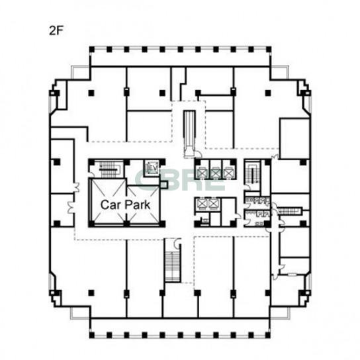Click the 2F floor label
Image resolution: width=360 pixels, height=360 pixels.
(x=56, y=30)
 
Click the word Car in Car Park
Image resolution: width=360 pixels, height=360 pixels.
(x=109, y=204)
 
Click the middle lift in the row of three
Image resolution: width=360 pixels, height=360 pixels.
(x=215, y=173)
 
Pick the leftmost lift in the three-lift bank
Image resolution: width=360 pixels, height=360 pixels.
(x=202, y=173)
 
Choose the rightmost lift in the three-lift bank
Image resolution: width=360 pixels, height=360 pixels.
(x=228, y=173)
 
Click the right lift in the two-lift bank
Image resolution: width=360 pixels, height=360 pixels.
(x=213, y=204)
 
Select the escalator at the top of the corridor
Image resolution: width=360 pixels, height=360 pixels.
(x=189, y=134)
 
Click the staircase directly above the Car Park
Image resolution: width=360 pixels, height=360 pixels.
(x=109, y=170)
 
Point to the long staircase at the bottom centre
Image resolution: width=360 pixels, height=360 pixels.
(x=173, y=266)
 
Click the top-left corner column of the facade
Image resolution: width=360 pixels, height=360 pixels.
(x=92, y=50)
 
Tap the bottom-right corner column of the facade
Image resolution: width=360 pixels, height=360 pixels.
(x=268, y=336)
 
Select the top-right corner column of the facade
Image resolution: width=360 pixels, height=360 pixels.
(x=269, y=50)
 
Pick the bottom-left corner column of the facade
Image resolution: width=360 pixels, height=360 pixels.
(x=92, y=336)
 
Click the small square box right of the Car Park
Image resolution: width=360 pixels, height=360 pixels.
(x=163, y=185)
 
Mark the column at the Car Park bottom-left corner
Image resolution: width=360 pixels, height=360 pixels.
(x=91, y=224)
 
